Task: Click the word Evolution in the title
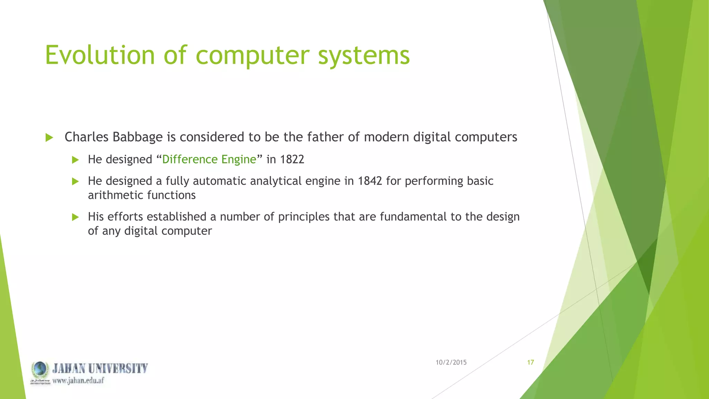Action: [100, 55]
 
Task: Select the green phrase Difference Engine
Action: [209, 159]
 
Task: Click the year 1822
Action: [292, 159]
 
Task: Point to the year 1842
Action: [370, 181]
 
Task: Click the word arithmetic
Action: [120, 195]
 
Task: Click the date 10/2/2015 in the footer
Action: [451, 362]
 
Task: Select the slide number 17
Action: [530, 362]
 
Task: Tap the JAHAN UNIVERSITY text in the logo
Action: [100, 368]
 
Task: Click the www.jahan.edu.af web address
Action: [78, 381]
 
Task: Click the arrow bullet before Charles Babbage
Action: [49, 138]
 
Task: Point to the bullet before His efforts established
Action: [75, 217]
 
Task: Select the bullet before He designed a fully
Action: [75, 181]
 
